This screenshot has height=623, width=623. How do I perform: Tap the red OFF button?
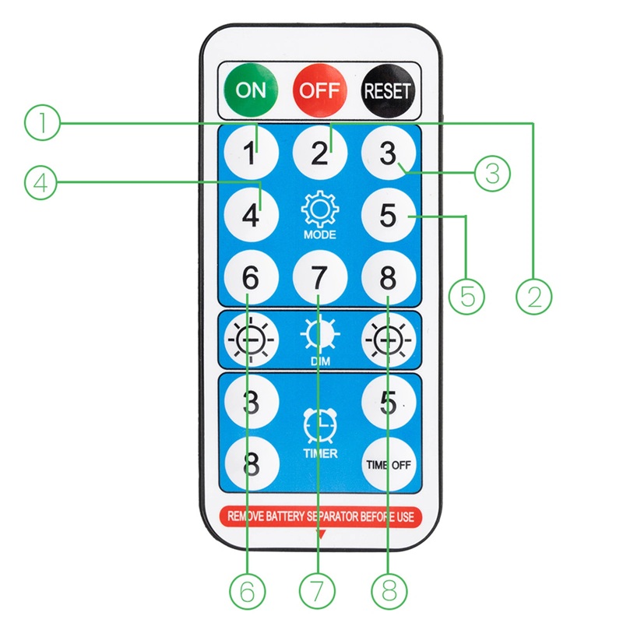pyautogui.click(x=320, y=90)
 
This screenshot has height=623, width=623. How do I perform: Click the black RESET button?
pyautogui.click(x=388, y=90)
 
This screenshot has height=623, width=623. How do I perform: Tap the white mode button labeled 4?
pyautogui.click(x=251, y=214)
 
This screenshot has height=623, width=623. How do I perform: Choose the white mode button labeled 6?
pyautogui.click(x=251, y=277)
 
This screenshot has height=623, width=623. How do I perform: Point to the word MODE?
pyautogui.click(x=319, y=234)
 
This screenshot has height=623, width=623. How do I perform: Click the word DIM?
pyautogui.click(x=319, y=361)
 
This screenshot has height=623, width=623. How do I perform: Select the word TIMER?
pyautogui.click(x=319, y=453)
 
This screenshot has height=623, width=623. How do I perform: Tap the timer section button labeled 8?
pyautogui.click(x=251, y=463)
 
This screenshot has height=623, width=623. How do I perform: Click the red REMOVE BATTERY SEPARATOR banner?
pyautogui.click(x=319, y=516)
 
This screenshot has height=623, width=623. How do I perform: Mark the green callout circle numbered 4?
pyautogui.click(x=40, y=183)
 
